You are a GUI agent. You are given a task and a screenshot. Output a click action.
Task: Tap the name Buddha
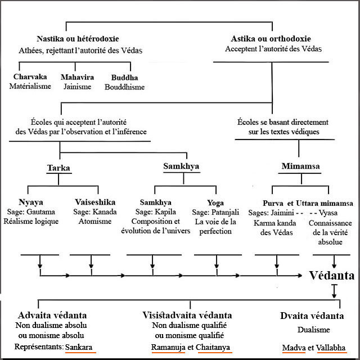[124, 76]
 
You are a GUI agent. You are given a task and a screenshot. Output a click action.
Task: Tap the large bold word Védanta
[332, 276]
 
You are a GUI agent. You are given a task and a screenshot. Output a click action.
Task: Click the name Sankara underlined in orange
[80, 346]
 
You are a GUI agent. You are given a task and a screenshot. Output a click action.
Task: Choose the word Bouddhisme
[124, 87]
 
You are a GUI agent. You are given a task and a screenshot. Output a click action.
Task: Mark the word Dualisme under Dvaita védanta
[313, 330]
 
